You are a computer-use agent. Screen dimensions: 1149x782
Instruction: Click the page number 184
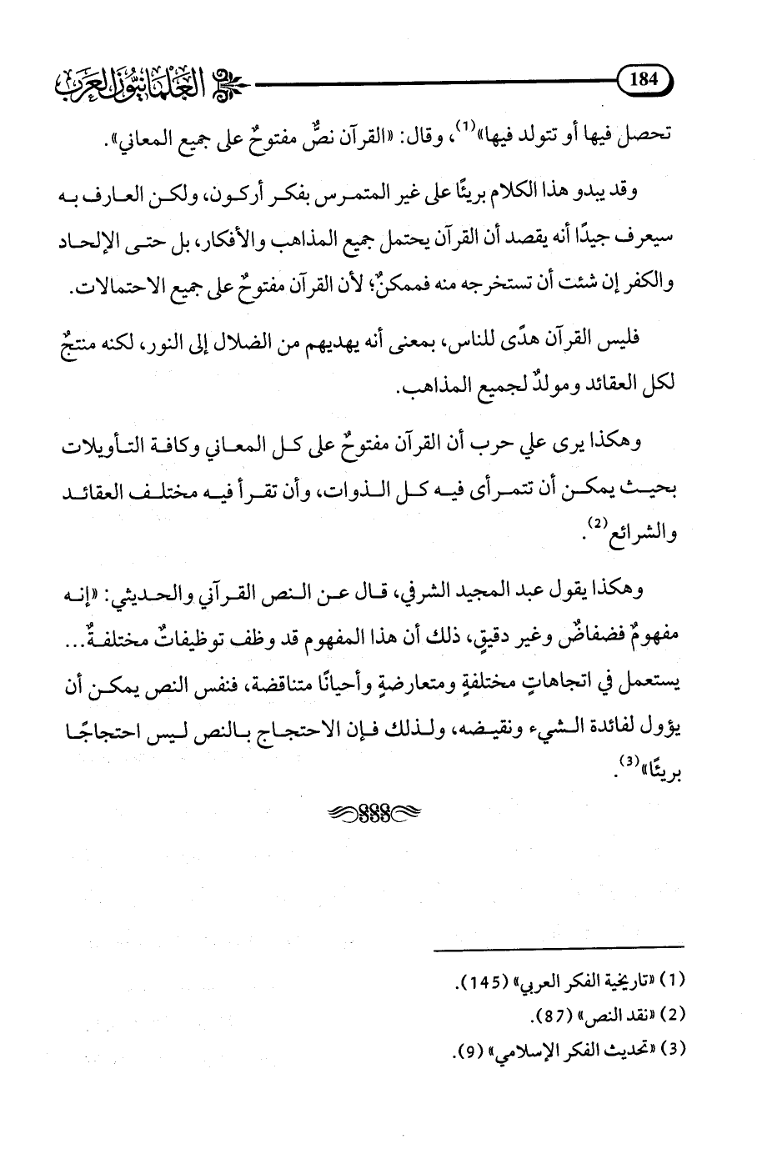(644, 81)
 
